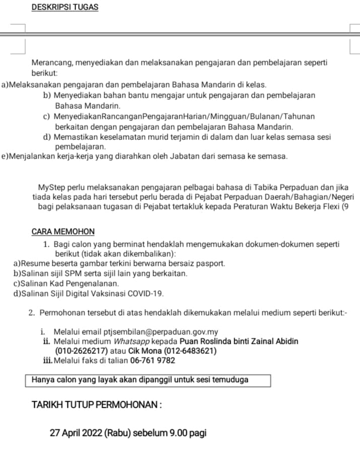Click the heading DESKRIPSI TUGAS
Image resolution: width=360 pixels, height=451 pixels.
point(64,8)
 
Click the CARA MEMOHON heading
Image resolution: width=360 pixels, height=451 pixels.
point(63,232)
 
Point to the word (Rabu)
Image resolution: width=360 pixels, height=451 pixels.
point(118,432)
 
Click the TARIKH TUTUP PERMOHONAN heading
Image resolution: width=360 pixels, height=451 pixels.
point(96,405)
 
